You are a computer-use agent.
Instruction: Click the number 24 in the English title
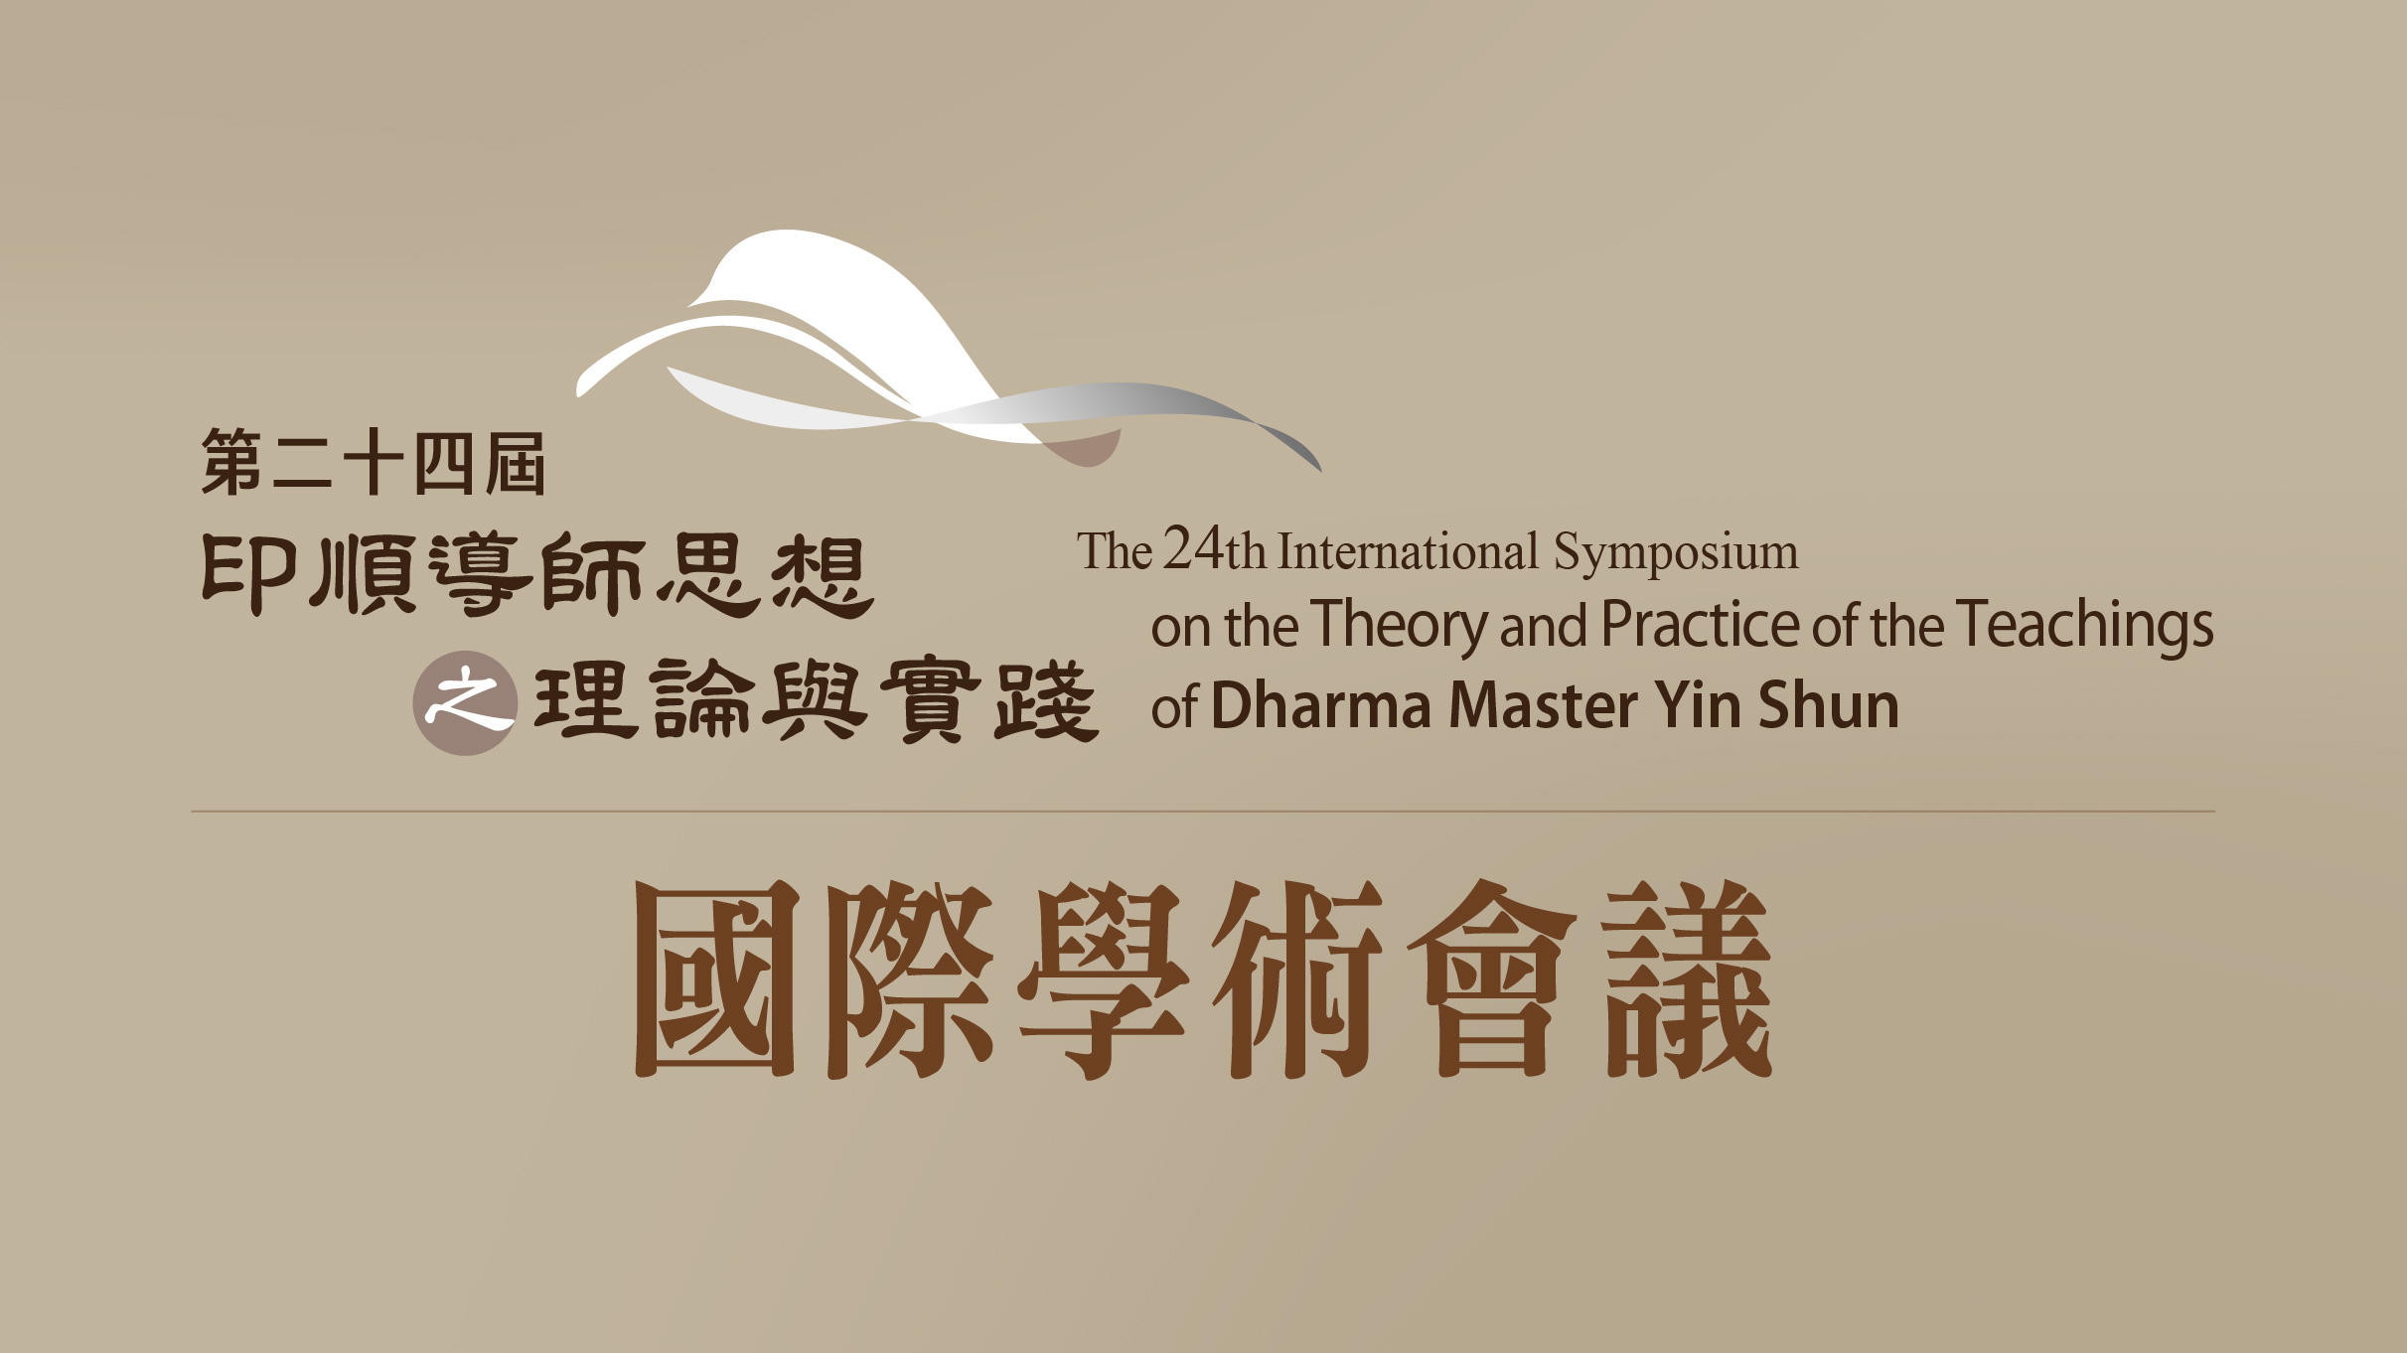click(x=1194, y=548)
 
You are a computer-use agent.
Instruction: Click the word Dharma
click(x=1321, y=705)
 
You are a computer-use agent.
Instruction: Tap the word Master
click(x=1544, y=706)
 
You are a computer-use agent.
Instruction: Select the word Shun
click(x=1828, y=705)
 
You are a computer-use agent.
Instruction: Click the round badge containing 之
click(x=465, y=703)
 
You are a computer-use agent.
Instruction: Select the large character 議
click(x=1689, y=978)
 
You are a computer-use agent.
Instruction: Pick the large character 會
click(x=1492, y=978)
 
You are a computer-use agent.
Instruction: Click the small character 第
click(x=231, y=462)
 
